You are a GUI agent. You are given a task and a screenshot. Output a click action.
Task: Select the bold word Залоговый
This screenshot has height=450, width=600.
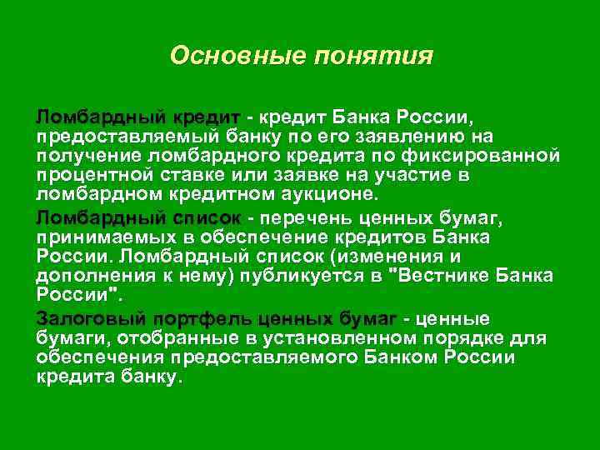point(88,318)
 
